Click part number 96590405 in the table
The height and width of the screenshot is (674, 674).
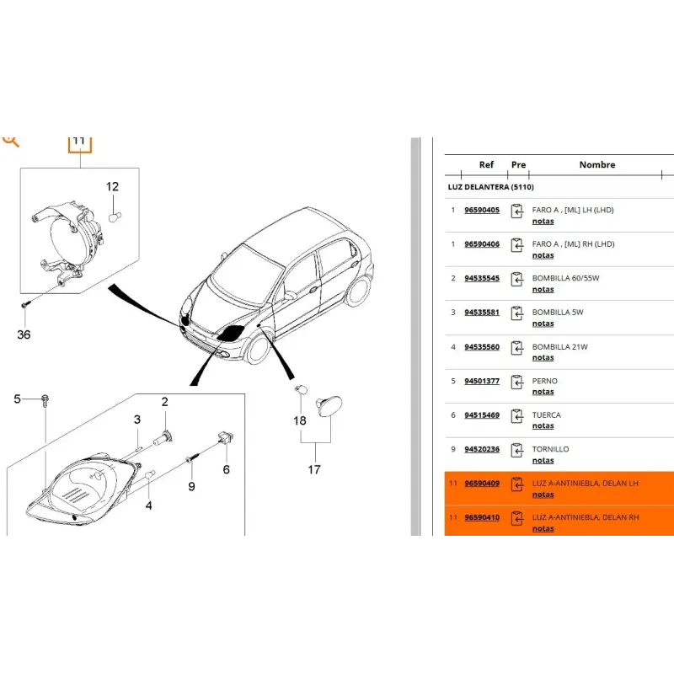click(482, 210)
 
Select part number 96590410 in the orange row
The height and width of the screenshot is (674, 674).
click(482, 517)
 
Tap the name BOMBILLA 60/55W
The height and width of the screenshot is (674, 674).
click(565, 278)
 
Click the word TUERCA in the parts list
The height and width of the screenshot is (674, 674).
click(546, 415)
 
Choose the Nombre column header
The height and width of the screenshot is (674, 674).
click(597, 164)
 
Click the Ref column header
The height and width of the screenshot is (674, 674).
click(486, 164)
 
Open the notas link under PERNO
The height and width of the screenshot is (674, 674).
click(543, 392)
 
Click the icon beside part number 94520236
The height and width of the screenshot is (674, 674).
click(517, 451)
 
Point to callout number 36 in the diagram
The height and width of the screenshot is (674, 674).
click(24, 334)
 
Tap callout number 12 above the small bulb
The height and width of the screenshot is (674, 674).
click(112, 186)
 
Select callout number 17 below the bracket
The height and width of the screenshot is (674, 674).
click(314, 469)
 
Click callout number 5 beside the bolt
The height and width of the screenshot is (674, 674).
click(17, 399)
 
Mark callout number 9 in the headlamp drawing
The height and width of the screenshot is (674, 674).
click(192, 487)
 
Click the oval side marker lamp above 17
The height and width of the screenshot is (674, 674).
click(329, 406)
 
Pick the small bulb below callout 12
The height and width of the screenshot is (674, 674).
click(115, 217)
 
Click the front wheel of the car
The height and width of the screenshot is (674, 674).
click(259, 349)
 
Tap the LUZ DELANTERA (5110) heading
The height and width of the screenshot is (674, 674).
click(491, 187)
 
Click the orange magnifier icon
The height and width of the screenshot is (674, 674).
click(10, 141)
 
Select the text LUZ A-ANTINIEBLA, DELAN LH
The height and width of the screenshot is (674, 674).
click(585, 483)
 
